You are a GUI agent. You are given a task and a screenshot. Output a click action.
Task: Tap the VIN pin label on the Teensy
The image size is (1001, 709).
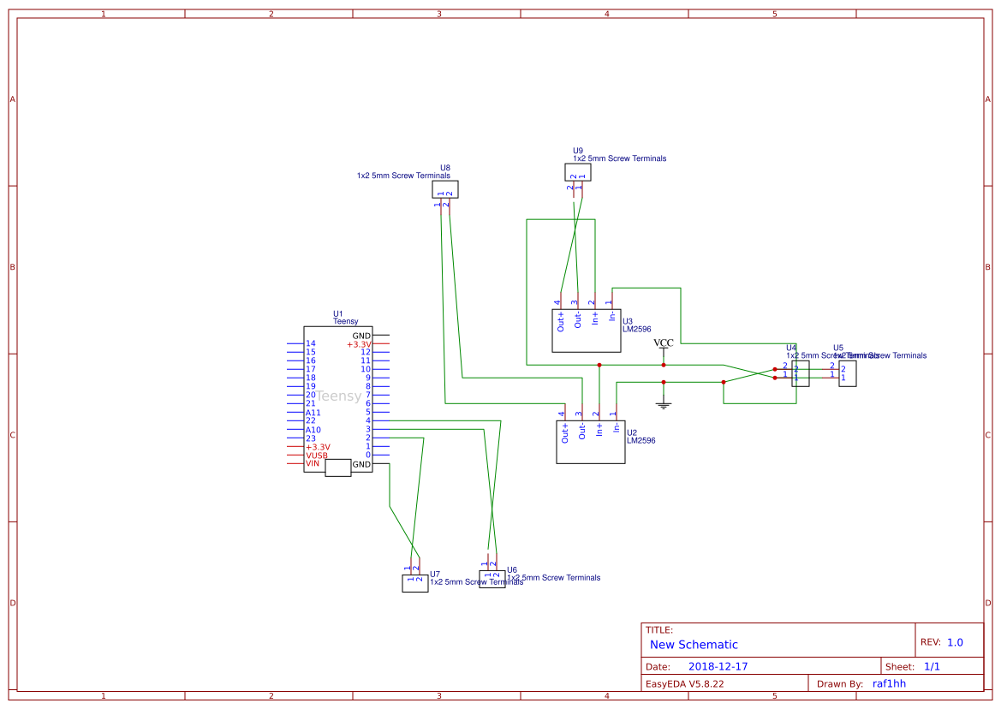tap(313, 464)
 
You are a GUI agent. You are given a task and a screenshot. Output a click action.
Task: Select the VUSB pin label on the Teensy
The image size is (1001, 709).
tap(316, 456)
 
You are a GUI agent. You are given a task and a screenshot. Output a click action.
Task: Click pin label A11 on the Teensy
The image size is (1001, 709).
tap(313, 412)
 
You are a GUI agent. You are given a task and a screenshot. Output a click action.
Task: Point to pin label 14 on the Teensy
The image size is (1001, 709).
tap(310, 343)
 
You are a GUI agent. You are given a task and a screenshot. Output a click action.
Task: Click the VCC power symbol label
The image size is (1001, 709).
tap(664, 343)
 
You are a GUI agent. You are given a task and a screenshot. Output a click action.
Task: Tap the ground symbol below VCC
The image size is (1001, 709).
tap(664, 402)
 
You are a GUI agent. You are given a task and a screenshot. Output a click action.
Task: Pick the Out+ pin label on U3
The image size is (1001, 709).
tap(561, 320)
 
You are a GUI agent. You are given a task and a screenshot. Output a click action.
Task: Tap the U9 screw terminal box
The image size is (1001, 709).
tap(578, 172)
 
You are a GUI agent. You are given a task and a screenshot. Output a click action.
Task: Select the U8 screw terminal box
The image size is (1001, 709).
tap(444, 189)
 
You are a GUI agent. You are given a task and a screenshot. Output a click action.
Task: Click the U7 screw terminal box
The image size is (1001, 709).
tap(414, 583)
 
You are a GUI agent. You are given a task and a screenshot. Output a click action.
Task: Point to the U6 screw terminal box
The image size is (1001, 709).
tap(492, 580)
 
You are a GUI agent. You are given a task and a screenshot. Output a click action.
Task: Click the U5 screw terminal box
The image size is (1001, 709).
tap(847, 374)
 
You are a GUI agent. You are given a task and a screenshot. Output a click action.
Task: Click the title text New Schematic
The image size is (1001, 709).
tap(694, 645)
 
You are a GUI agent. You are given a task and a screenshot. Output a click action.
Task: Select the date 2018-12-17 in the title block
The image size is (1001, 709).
tap(718, 666)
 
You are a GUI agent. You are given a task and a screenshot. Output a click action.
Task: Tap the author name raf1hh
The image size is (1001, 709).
tap(889, 683)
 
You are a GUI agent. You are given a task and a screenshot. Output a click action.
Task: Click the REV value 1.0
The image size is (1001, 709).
tap(955, 642)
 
